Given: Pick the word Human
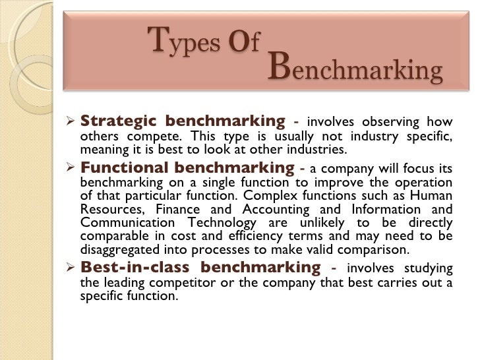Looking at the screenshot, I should [x=434, y=196].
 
